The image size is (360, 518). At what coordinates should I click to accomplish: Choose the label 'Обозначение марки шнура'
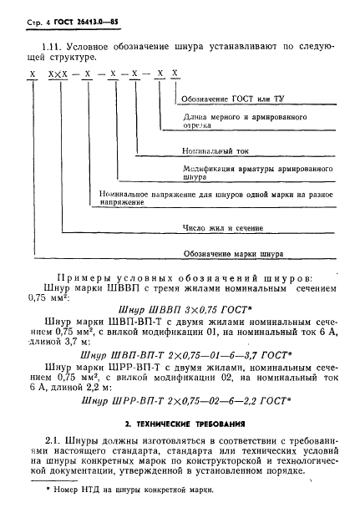pos(239,252)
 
